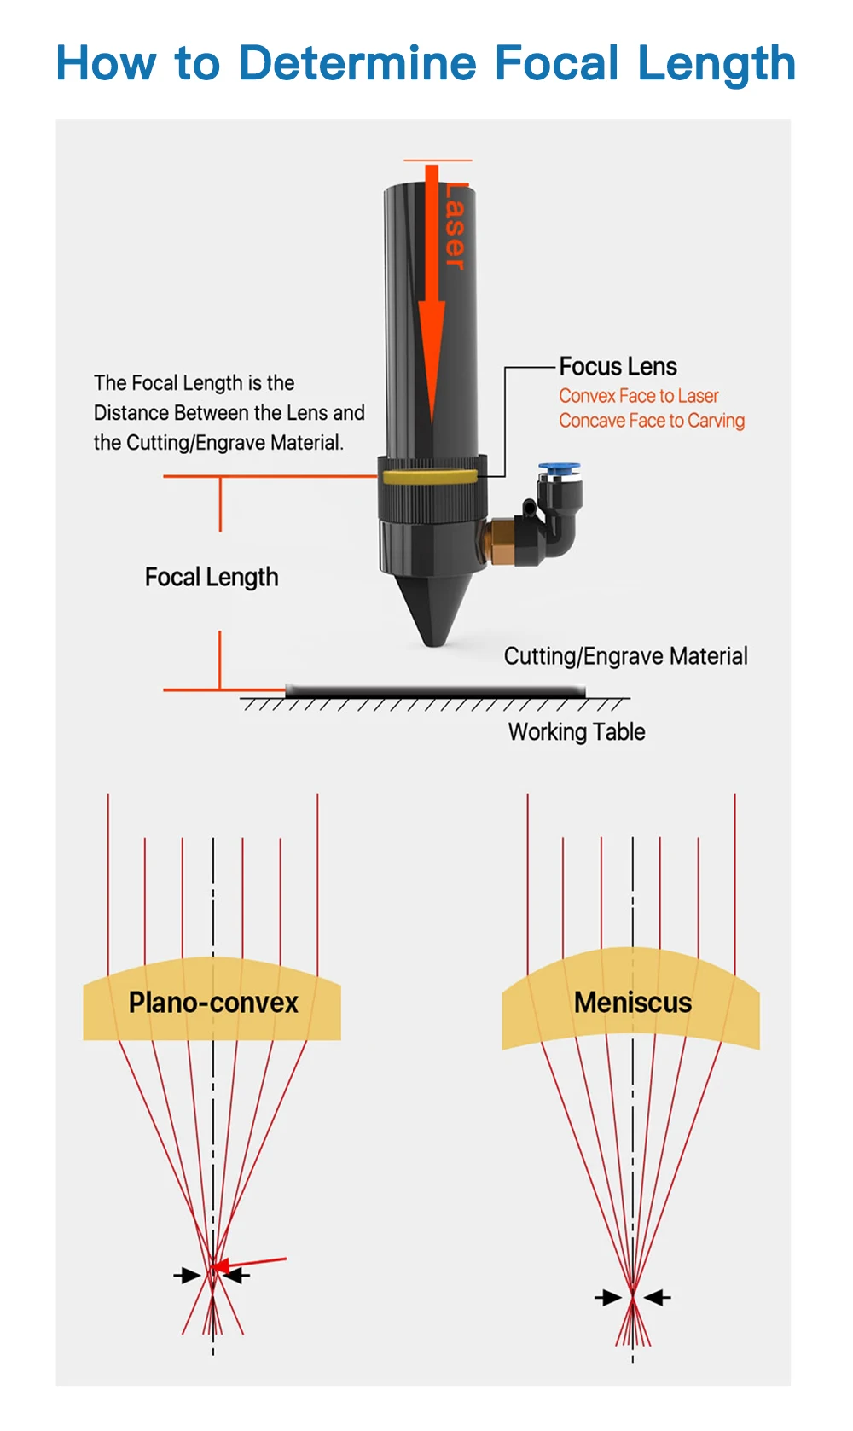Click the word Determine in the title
point(357,63)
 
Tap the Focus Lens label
point(618,367)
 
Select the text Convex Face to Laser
point(638,396)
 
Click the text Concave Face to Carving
point(652,421)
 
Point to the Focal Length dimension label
point(212,578)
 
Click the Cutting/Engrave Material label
point(625,656)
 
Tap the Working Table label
point(577,732)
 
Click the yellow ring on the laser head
point(430,477)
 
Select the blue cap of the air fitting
point(559,468)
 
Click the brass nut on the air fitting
point(498,542)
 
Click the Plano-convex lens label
point(213,1003)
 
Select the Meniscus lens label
point(633,1003)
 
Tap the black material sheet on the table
point(435,690)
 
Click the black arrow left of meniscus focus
point(608,1298)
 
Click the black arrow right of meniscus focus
point(658,1298)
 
